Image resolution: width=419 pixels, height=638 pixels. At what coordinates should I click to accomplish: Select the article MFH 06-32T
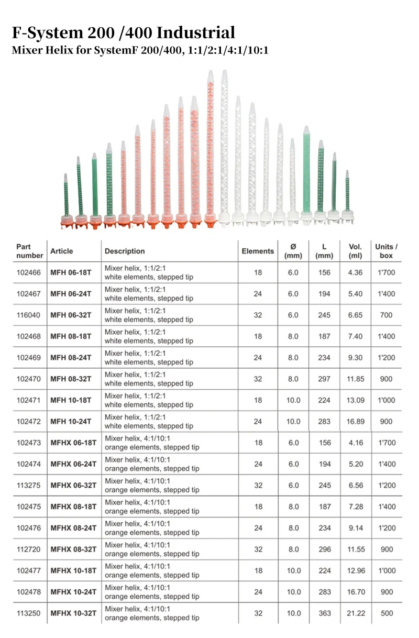point(71,315)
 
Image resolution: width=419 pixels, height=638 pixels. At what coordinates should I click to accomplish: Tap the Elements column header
point(258,251)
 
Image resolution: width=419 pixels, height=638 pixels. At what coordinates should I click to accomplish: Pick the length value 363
point(325,613)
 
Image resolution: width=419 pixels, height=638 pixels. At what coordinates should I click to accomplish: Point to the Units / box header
point(387,251)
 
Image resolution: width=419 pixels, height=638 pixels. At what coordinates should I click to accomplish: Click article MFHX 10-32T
point(73,613)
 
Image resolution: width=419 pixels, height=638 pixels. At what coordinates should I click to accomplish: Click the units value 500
point(387,613)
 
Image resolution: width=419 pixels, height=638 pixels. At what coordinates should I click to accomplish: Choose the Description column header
point(125,251)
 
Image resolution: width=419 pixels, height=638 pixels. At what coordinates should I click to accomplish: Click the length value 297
point(325,379)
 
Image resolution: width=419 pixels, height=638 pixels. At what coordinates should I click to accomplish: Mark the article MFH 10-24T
point(71,422)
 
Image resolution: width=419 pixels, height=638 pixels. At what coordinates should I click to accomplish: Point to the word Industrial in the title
point(196,33)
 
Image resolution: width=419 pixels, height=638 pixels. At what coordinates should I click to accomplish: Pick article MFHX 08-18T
point(73,507)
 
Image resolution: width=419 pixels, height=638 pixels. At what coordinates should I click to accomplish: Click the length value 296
point(325,549)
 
